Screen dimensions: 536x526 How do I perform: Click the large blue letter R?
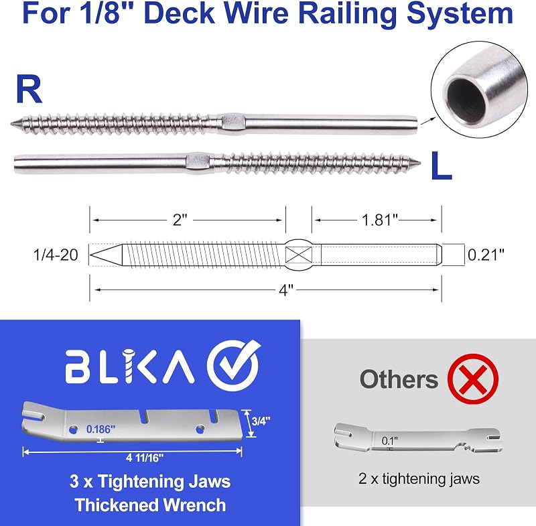(29, 90)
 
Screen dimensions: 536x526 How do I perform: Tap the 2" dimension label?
(180, 220)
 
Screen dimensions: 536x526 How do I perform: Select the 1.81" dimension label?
(379, 220)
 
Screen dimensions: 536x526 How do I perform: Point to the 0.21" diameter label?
(486, 255)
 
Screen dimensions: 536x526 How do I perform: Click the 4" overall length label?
(286, 290)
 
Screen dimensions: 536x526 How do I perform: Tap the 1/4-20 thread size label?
(56, 255)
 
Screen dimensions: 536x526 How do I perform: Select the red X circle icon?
(473, 379)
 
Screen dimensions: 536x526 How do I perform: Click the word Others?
(399, 379)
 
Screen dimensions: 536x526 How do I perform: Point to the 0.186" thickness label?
(101, 429)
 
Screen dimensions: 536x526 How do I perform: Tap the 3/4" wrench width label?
(261, 421)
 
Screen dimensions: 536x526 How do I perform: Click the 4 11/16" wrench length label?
(145, 458)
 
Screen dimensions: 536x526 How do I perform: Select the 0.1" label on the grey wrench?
(390, 441)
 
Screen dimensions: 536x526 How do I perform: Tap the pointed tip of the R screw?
(11, 123)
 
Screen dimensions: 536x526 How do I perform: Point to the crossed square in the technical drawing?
(298, 255)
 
